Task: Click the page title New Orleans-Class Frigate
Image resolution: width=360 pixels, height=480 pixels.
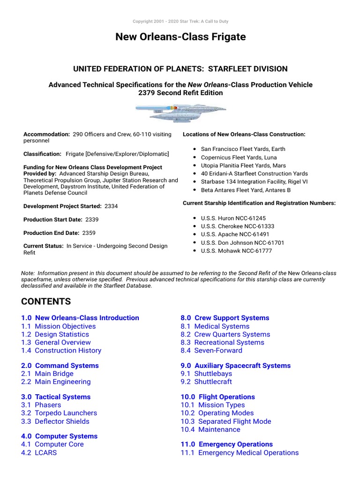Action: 180,37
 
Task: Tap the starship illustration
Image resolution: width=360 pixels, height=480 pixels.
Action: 180,114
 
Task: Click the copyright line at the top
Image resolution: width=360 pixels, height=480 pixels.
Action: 180,22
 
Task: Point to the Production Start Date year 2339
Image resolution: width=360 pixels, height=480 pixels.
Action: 91,219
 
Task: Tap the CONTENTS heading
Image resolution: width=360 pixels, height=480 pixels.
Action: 46,301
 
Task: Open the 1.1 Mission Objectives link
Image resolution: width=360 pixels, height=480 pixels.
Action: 58,326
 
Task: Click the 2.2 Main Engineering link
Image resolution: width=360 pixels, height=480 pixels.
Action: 56,382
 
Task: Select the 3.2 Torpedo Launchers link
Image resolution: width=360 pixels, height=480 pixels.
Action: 59,413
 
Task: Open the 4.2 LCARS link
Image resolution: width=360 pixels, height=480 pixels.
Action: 39,452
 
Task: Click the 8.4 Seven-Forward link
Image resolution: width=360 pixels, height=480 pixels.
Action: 211,350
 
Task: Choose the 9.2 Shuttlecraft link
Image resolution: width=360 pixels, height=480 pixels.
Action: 206,382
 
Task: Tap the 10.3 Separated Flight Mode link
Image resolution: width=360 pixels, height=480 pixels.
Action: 225,421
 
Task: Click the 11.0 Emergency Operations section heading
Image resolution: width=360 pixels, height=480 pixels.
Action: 226,444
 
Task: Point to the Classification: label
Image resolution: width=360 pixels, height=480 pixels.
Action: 43,154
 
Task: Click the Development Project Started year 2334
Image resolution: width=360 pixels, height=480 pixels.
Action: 112,206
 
